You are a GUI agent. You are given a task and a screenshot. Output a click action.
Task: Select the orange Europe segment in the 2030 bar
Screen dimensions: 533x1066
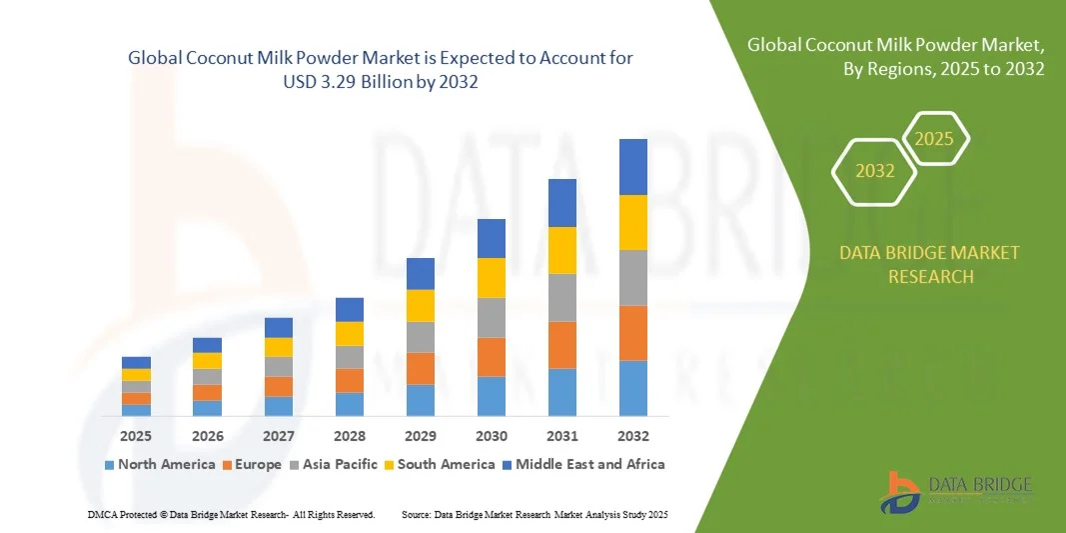(492, 357)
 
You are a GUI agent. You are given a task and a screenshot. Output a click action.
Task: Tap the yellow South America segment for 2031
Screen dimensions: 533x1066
(562, 250)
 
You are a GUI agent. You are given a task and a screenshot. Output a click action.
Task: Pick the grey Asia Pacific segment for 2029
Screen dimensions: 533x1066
(421, 337)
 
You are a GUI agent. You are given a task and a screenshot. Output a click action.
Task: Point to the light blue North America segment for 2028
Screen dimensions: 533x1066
(350, 404)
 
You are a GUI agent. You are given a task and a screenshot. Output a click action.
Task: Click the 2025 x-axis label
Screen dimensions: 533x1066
(137, 436)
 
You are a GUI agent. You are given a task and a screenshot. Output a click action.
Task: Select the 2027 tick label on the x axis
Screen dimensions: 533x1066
(279, 436)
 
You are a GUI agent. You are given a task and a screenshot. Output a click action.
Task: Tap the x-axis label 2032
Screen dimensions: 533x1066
(633, 436)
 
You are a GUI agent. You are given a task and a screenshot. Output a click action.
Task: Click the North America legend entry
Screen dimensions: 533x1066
(160, 464)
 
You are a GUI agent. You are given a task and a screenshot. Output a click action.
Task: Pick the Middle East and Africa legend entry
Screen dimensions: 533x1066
(583, 464)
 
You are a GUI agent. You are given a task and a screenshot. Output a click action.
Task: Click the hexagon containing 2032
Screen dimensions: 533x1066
(875, 171)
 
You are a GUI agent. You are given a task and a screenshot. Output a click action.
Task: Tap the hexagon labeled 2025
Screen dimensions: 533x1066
(934, 139)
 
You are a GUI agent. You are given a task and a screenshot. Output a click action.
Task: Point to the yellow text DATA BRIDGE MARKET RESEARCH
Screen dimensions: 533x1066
(930, 264)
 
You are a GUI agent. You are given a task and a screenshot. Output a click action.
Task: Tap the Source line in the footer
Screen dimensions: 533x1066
(533, 514)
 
